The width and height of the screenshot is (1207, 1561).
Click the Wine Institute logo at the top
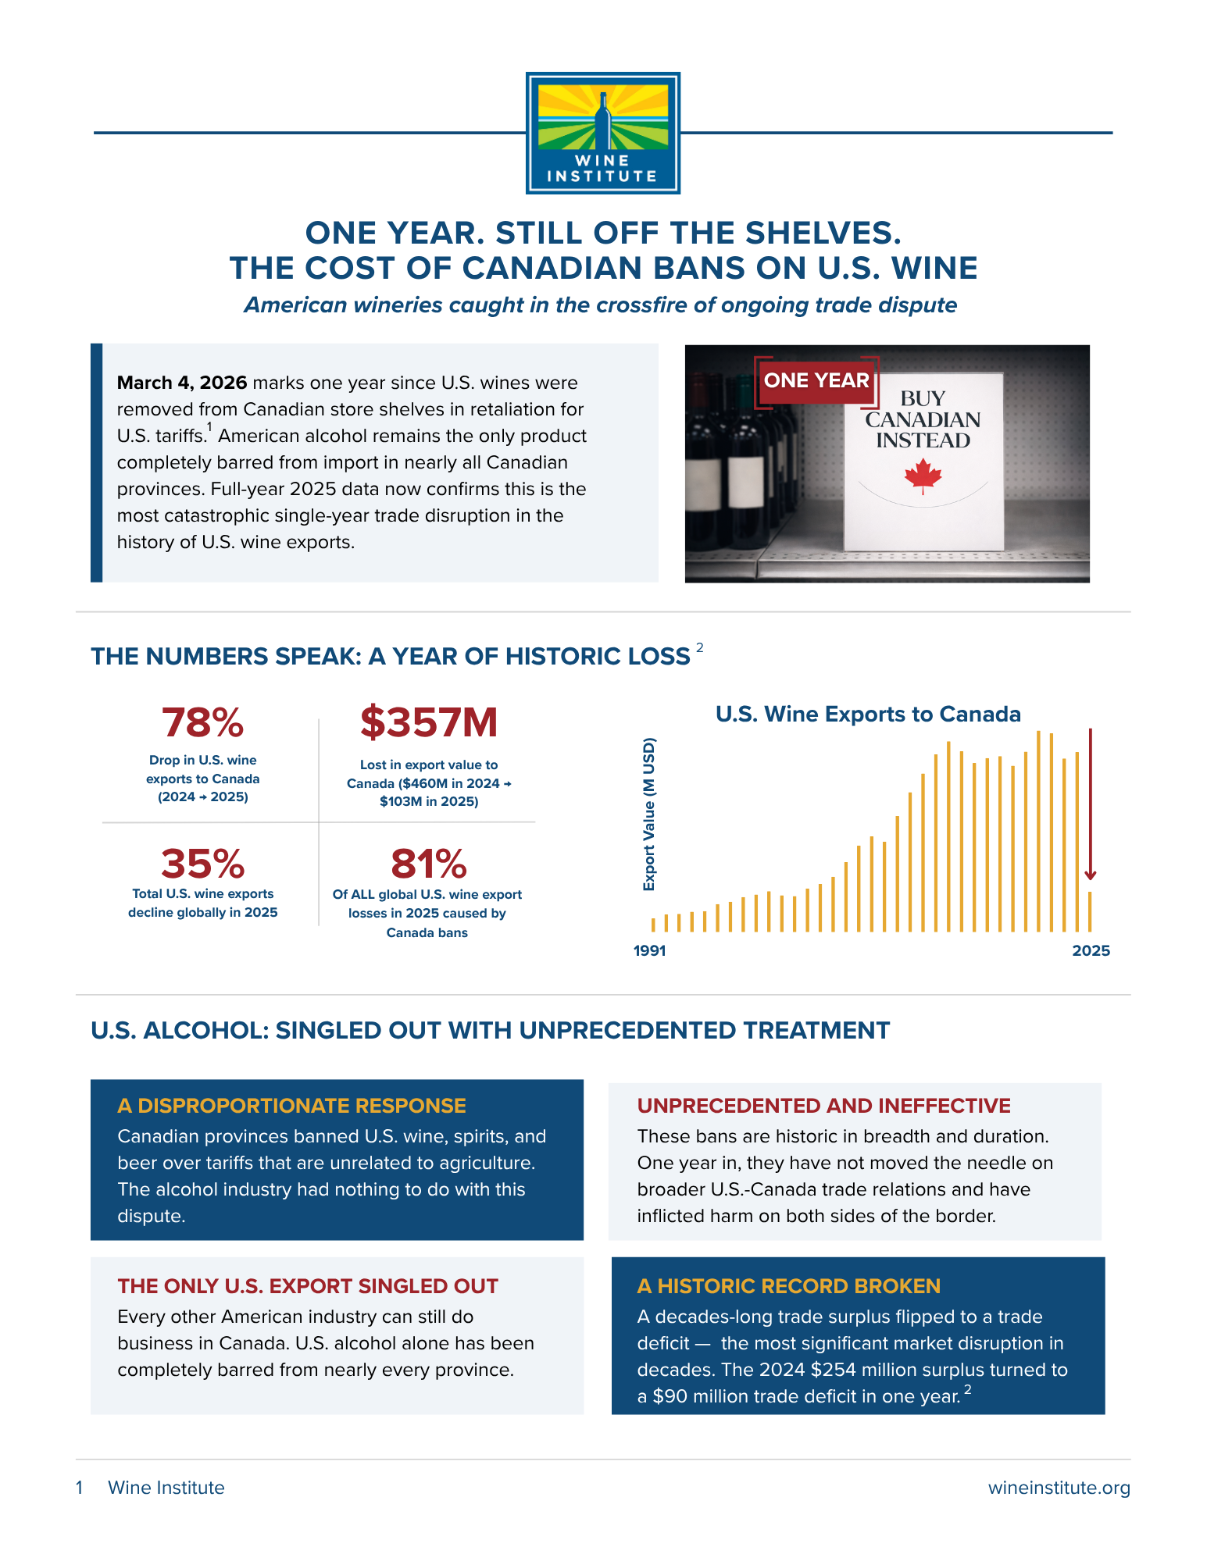(602, 133)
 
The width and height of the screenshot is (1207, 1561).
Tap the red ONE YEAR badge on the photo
(816, 381)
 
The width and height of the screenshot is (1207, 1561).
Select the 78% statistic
(203, 722)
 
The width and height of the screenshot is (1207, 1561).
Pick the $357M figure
(429, 722)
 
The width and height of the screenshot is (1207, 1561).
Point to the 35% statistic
(203, 864)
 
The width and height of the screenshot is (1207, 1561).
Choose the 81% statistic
(429, 864)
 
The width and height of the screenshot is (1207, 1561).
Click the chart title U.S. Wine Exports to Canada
(868, 714)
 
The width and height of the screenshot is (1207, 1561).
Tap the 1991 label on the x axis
(650, 950)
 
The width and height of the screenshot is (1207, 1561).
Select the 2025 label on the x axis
(1091, 950)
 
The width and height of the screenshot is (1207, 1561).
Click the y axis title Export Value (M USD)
(649, 814)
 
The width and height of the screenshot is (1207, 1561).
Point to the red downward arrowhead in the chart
(1091, 875)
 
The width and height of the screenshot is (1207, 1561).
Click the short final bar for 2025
(1091, 912)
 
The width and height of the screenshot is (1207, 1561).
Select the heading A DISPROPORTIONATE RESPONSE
(291, 1106)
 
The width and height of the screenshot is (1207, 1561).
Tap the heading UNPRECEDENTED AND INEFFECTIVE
(824, 1106)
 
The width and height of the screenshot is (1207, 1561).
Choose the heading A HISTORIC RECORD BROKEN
(789, 1286)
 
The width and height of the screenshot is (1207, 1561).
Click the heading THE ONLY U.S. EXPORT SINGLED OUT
(308, 1286)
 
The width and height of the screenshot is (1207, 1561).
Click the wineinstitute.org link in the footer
(1059, 1488)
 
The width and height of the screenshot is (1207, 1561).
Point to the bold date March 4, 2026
(182, 383)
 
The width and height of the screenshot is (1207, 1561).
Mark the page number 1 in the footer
(80, 1488)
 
